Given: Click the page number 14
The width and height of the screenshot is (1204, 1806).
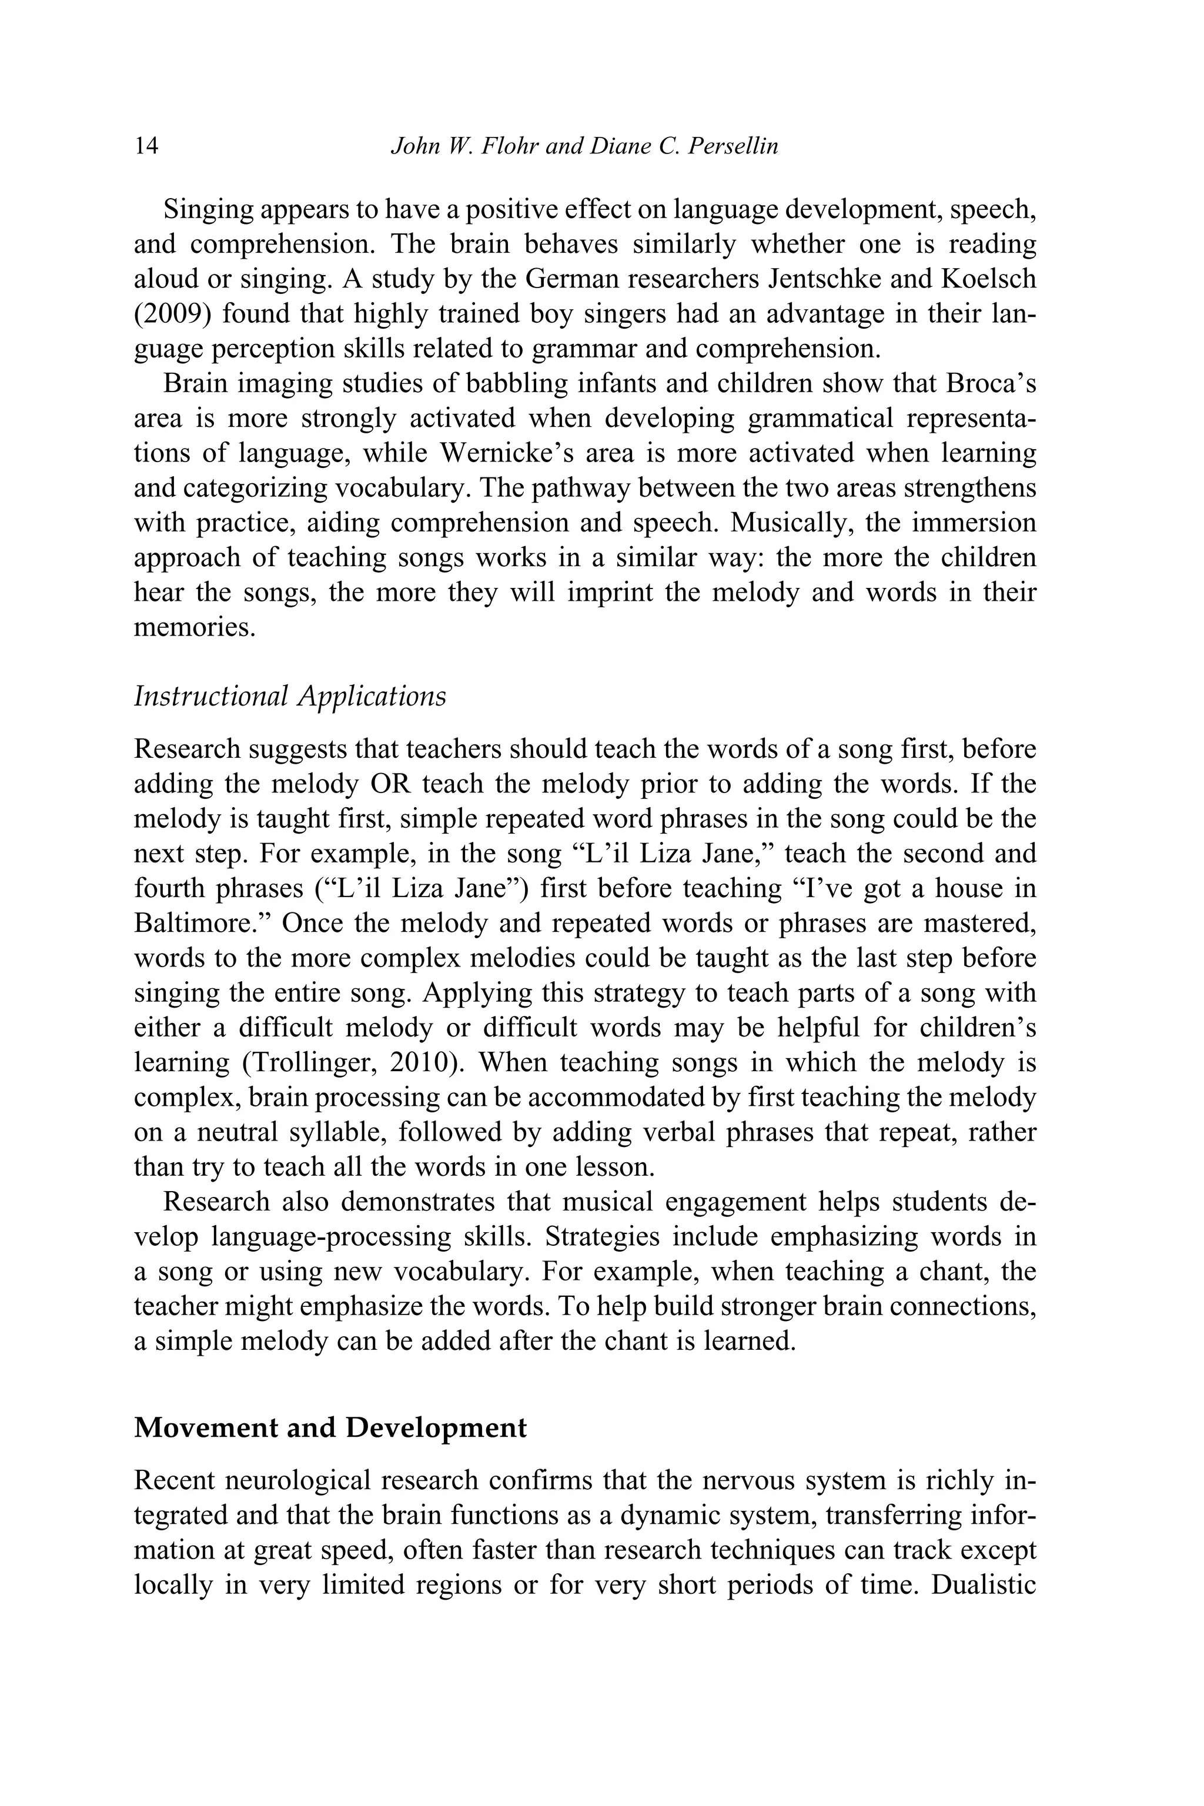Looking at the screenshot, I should [x=146, y=146].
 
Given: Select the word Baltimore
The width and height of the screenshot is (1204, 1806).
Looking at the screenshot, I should [x=201, y=924].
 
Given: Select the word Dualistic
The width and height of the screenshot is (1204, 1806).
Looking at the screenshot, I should [x=984, y=1586].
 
